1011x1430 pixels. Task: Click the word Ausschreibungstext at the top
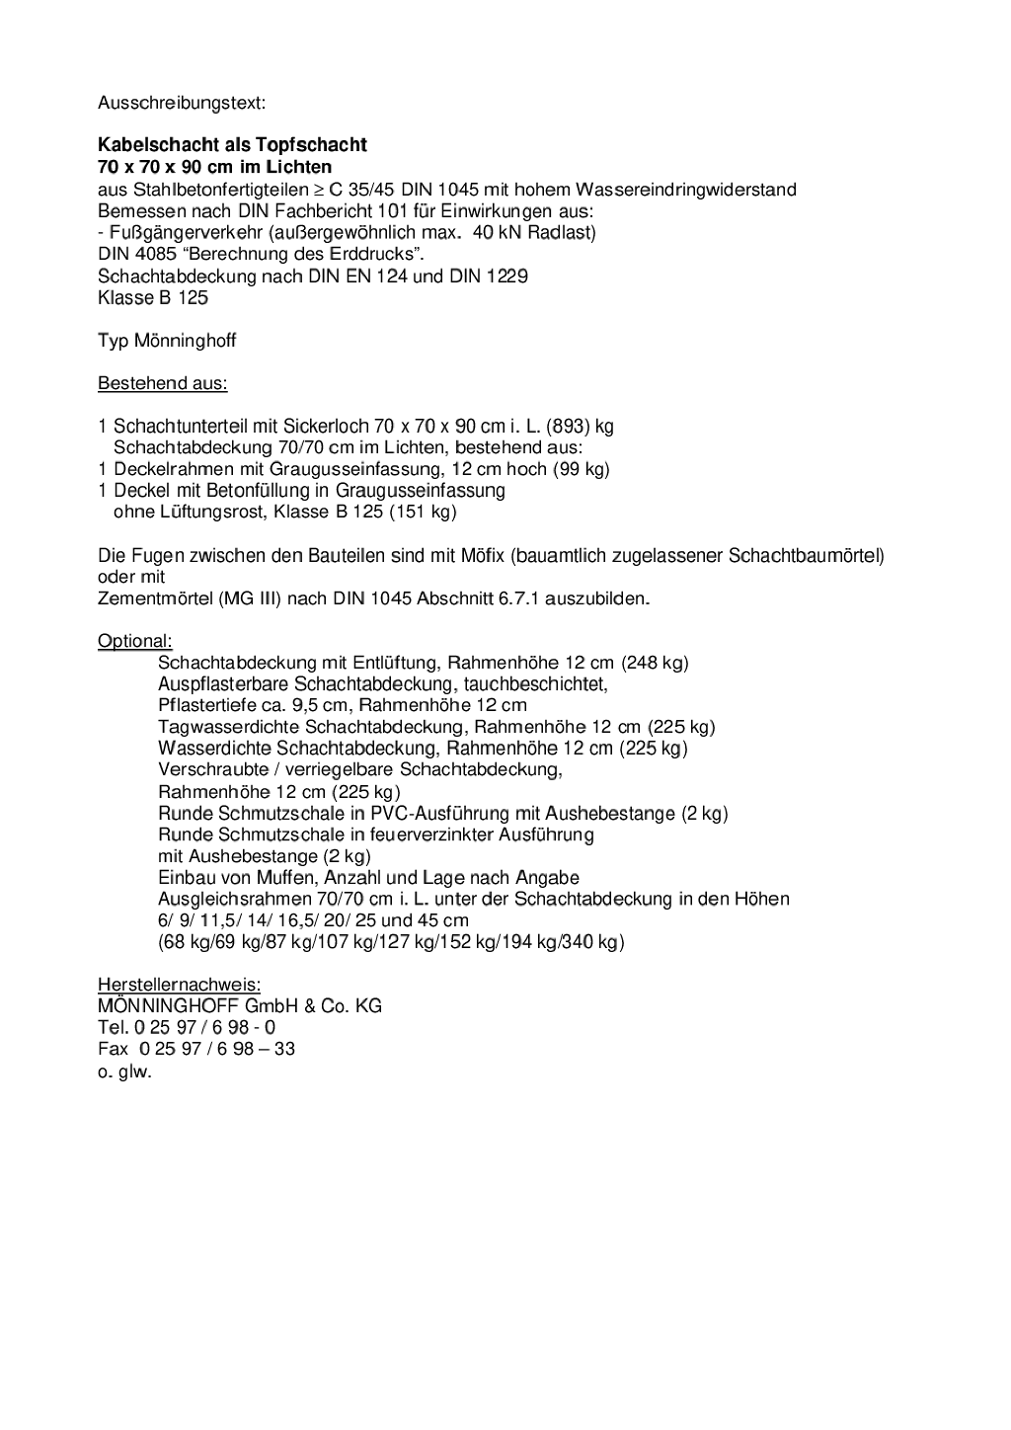point(182,103)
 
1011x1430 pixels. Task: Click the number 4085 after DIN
point(158,255)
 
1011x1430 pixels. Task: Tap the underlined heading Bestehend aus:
point(162,383)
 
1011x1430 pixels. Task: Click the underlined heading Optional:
point(134,642)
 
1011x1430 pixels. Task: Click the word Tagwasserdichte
point(215,727)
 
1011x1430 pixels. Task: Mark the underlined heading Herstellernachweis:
point(179,985)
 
